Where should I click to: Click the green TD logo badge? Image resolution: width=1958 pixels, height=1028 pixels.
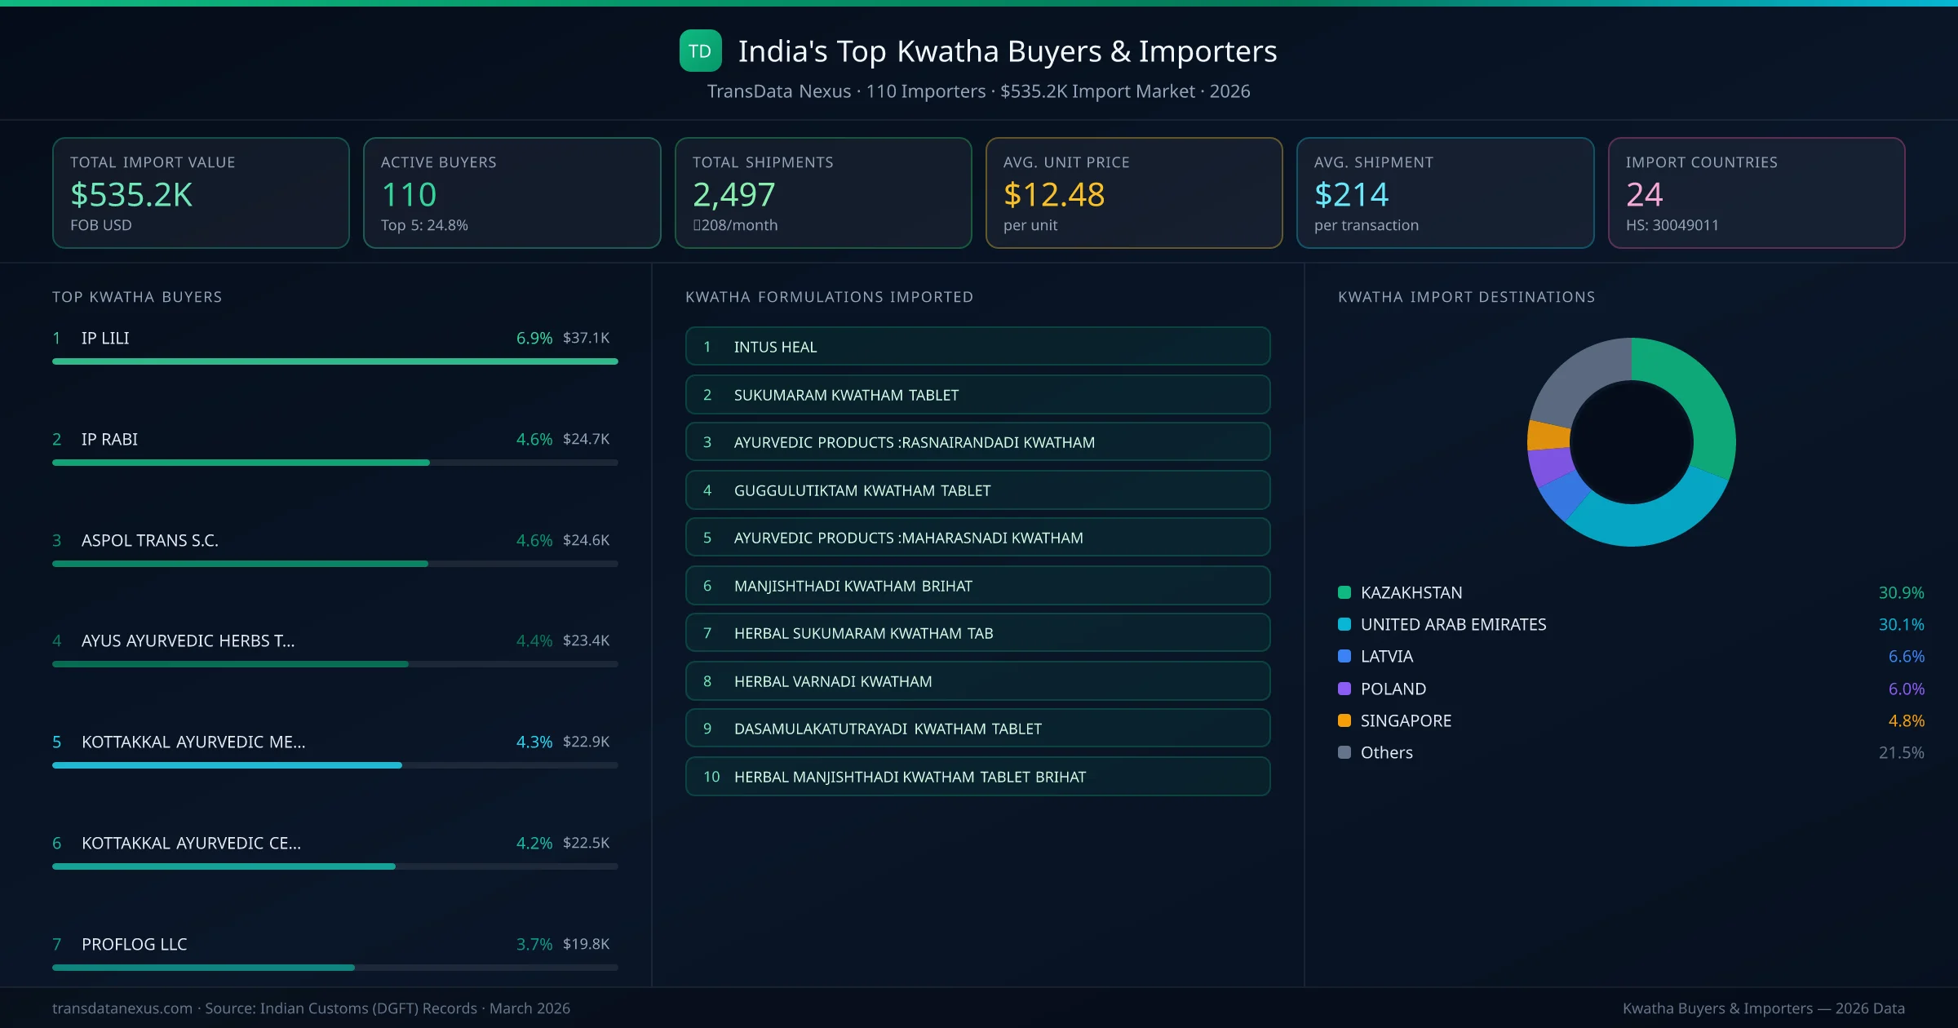pyautogui.click(x=700, y=51)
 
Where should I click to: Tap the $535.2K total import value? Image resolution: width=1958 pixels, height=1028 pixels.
pyautogui.click(x=131, y=195)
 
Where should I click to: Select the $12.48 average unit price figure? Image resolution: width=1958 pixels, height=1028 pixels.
pyautogui.click(x=1053, y=195)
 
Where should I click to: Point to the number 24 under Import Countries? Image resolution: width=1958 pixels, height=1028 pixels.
pyautogui.click(x=1643, y=195)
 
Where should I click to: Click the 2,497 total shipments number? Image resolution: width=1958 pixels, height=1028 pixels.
pyautogui.click(x=733, y=195)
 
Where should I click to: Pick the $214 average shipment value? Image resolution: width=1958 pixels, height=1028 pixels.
pyautogui.click(x=1351, y=195)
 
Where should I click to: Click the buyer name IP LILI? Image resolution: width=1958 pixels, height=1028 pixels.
pyautogui.click(x=105, y=338)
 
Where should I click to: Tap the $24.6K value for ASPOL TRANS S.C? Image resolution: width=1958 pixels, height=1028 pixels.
pyautogui.click(x=586, y=540)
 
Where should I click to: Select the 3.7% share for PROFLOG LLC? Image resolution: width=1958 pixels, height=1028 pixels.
pyautogui.click(x=534, y=944)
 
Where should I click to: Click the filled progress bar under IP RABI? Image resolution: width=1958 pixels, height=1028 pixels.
pyautogui.click(x=241, y=463)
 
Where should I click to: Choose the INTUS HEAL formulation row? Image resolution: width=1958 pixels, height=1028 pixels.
pyautogui.click(x=977, y=347)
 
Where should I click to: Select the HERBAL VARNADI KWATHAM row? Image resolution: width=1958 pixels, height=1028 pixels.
pyautogui.click(x=977, y=681)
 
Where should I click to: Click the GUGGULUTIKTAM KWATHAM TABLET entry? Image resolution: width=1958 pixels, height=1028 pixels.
pyautogui.click(x=977, y=490)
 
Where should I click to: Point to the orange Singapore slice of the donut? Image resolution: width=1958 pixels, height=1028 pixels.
pyautogui.click(x=1548, y=435)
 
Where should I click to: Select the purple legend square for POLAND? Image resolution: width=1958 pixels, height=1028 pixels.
pyautogui.click(x=1344, y=689)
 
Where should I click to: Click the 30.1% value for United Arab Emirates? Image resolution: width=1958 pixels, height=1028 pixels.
pyautogui.click(x=1901, y=624)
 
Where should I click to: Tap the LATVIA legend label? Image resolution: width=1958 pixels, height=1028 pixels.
pyautogui.click(x=1387, y=656)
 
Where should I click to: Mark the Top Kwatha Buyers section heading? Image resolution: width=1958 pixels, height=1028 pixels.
pyautogui.click(x=137, y=297)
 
